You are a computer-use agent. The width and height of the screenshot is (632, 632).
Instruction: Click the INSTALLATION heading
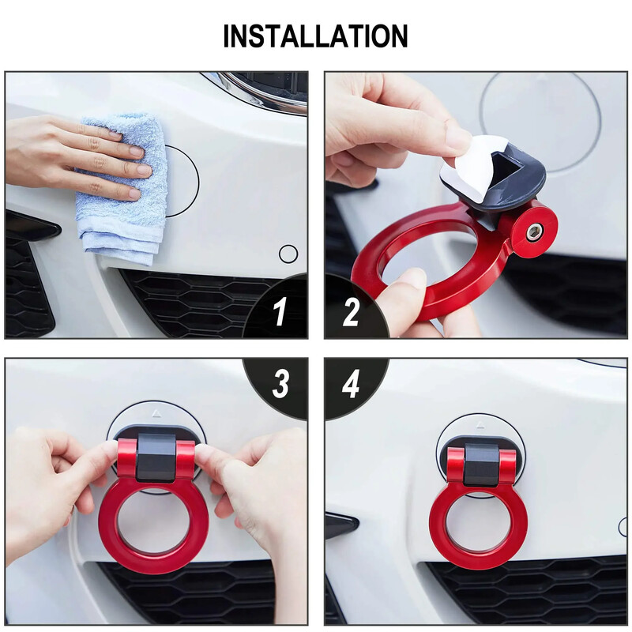coord(315,36)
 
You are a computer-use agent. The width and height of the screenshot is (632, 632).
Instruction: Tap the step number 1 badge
coord(280,313)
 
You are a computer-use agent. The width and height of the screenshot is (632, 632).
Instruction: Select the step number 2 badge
coord(352,313)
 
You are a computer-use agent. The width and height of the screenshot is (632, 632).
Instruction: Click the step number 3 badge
coord(280,385)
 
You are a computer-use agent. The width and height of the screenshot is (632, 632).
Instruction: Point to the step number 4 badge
coord(352,385)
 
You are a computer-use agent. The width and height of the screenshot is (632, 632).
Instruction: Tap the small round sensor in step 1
coord(288,254)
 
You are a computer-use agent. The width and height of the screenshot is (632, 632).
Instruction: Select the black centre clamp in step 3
coord(156,459)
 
